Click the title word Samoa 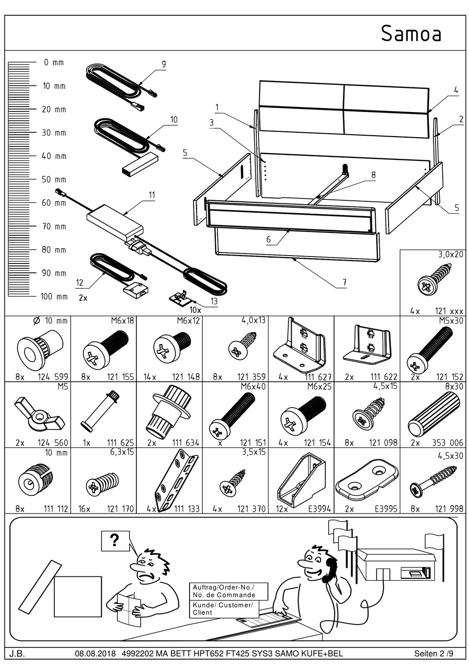(x=411, y=34)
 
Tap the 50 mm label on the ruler (x=54, y=180)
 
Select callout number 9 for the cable (x=163, y=64)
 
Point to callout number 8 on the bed (x=373, y=175)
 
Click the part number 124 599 (x=53, y=377)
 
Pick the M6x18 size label (x=122, y=321)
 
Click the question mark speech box (x=115, y=541)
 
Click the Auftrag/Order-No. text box (x=229, y=591)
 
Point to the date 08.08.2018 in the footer (x=95, y=654)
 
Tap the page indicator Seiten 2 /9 (x=433, y=654)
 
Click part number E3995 (x=385, y=509)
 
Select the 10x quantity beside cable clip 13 (x=195, y=310)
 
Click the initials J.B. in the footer (x=17, y=654)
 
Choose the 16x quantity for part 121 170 (x=84, y=509)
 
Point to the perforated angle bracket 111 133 (x=171, y=481)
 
